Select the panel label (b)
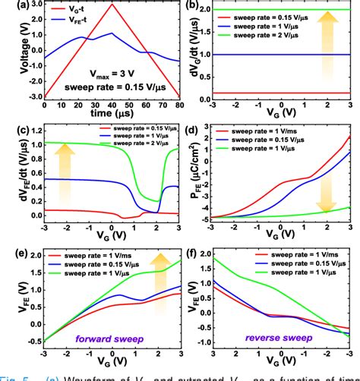tap(193, 8)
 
